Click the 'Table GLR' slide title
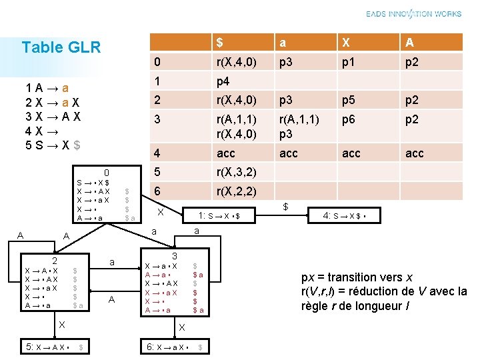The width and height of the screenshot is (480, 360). pos(61,47)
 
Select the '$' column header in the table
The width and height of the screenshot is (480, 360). pos(219,43)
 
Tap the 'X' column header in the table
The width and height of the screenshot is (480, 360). pos(345,43)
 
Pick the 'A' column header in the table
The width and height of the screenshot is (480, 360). pos(409,43)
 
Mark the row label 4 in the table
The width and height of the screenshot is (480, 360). pos(156,153)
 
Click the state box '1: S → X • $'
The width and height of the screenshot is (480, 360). pos(219,215)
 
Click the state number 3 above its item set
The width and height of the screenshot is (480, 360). pos(173,257)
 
